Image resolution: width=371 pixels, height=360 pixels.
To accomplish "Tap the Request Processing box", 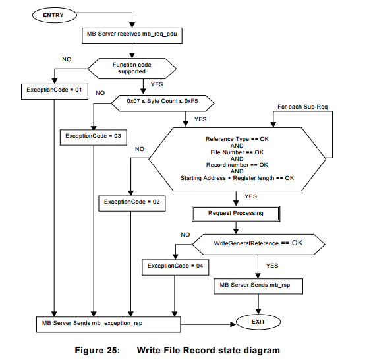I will (x=236, y=213).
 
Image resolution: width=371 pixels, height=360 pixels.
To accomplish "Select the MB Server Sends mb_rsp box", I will (x=258, y=286).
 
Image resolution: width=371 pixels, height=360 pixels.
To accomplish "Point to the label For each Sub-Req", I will (x=301, y=106).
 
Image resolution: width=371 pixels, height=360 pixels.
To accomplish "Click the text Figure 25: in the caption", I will (x=109, y=350).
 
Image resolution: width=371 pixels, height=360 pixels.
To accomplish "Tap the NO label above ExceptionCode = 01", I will (x=67, y=59).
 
